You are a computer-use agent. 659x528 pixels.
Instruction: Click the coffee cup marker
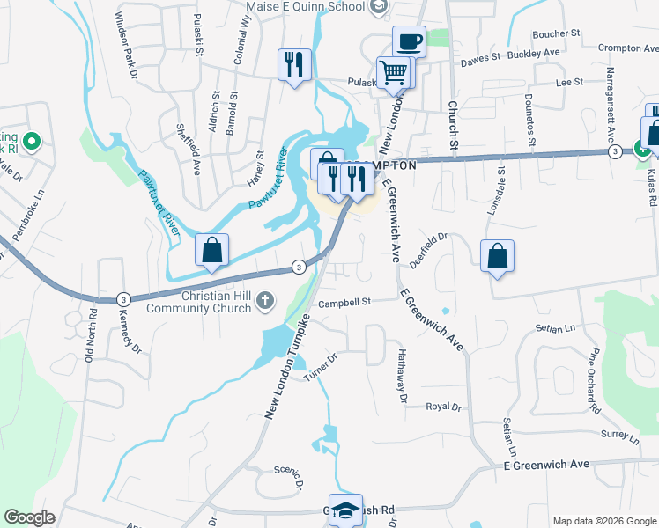click(x=409, y=40)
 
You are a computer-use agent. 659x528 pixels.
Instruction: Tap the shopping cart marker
click(x=393, y=71)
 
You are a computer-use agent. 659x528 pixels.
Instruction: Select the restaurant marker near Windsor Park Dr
click(x=294, y=63)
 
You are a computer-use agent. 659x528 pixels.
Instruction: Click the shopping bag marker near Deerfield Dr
click(x=498, y=255)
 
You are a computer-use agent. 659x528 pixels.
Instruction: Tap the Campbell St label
click(x=345, y=302)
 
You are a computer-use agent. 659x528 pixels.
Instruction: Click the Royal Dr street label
click(x=443, y=407)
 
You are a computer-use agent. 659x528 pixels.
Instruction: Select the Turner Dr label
click(x=321, y=368)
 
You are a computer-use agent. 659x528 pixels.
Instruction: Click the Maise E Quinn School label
click(x=304, y=7)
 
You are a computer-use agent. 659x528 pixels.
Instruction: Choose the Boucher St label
click(x=557, y=33)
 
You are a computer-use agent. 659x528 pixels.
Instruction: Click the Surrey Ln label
click(x=619, y=435)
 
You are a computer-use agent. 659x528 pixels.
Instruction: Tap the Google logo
click(x=29, y=517)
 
